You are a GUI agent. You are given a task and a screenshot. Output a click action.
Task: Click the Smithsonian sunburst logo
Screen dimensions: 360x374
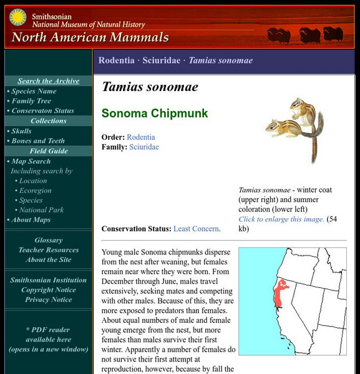coord(18,16)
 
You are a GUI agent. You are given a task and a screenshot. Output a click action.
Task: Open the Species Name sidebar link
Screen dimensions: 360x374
coord(34,91)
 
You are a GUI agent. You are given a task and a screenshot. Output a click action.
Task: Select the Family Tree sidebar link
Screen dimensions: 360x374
coord(31,101)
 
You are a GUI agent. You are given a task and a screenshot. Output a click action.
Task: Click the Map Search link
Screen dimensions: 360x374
coord(31,161)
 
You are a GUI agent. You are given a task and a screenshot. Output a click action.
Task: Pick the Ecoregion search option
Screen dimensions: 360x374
coord(35,191)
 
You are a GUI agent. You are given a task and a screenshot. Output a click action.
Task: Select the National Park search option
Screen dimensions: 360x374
coord(41,210)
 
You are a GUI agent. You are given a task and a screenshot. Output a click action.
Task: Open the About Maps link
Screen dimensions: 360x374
coord(31,220)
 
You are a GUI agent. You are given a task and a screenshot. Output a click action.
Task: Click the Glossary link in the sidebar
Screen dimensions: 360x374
coord(49,240)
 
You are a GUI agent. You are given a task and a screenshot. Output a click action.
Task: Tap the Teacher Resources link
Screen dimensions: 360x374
coord(49,250)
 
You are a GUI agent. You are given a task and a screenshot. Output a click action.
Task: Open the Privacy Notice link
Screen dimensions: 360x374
coord(49,300)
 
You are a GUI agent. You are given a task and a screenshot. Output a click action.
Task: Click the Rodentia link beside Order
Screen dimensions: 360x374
coord(141,137)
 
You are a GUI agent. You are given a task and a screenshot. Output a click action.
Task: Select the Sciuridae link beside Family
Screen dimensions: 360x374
coord(144,147)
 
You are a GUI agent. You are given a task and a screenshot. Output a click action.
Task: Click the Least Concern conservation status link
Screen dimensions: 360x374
coord(197,229)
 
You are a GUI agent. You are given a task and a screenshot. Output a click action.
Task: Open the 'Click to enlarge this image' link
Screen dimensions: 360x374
coord(281,219)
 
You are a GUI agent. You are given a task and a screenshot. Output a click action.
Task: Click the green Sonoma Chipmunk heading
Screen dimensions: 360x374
coord(155,114)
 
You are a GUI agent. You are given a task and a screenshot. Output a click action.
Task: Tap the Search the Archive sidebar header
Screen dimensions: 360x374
coord(49,81)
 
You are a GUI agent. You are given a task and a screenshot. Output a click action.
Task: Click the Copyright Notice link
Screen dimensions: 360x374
coord(49,290)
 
